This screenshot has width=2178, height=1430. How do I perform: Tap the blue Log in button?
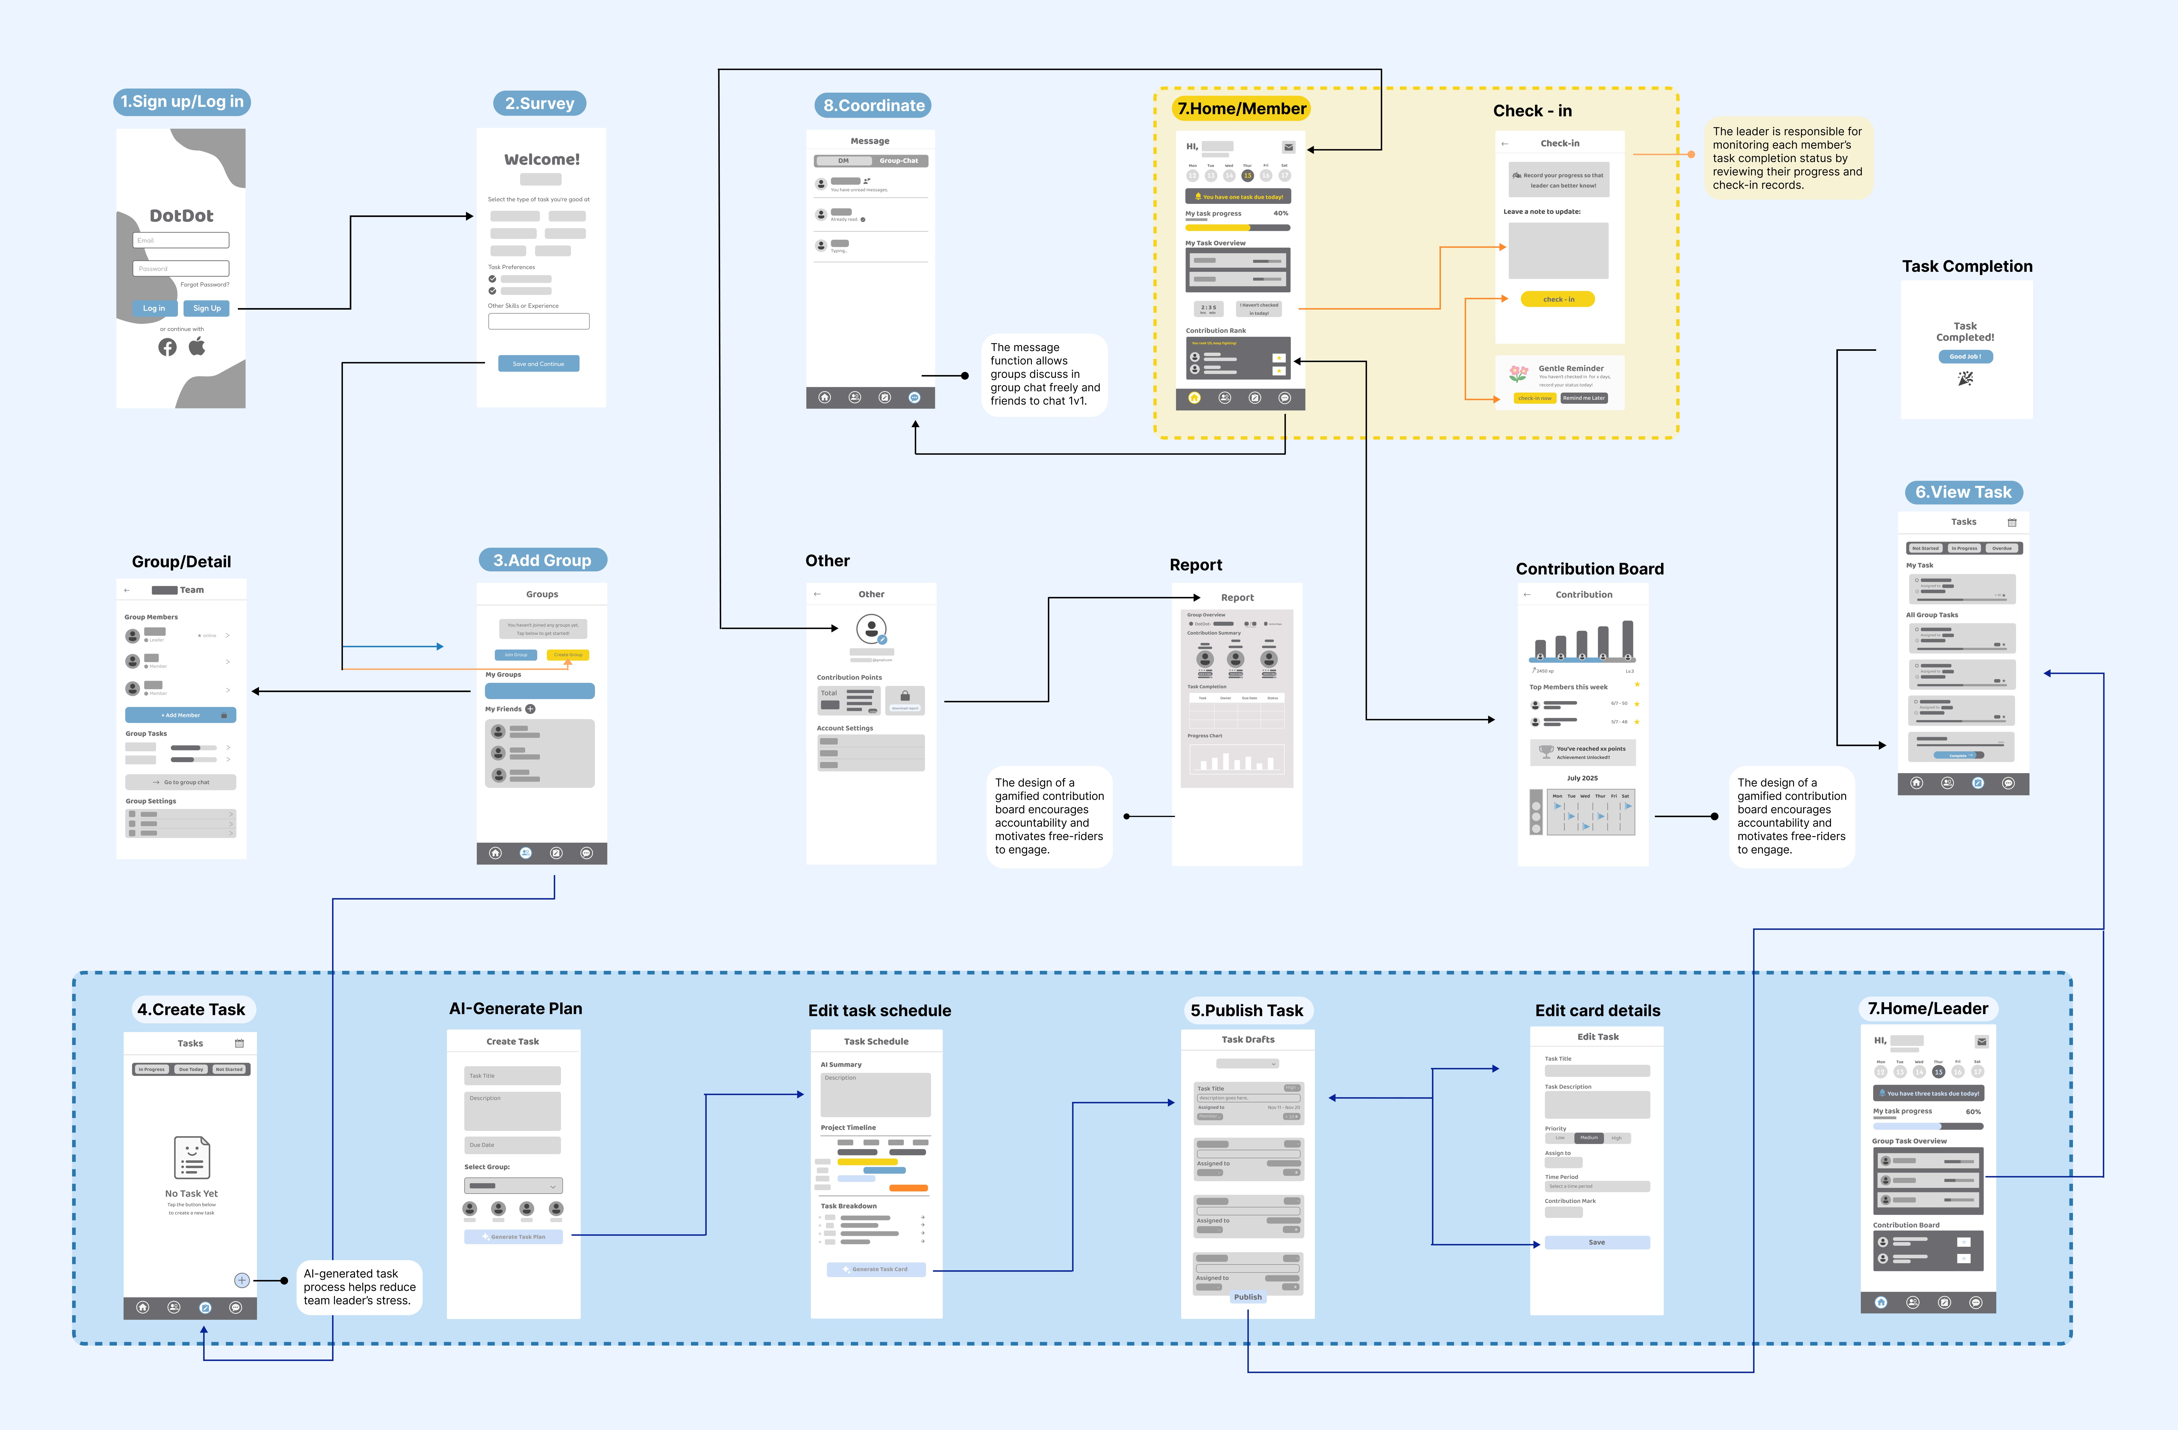pyautogui.click(x=154, y=308)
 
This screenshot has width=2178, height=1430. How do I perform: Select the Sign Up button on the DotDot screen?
pyautogui.click(x=207, y=308)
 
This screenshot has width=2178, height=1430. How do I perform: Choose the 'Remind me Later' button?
pyautogui.click(x=1583, y=398)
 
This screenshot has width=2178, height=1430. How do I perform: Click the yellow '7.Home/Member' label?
pyautogui.click(x=1241, y=109)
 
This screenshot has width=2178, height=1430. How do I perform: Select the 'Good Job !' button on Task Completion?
pyautogui.click(x=1965, y=357)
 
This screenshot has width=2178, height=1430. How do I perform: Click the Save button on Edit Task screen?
pyautogui.click(x=1597, y=1242)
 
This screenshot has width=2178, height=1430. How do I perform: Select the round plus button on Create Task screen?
pyautogui.click(x=241, y=1280)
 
